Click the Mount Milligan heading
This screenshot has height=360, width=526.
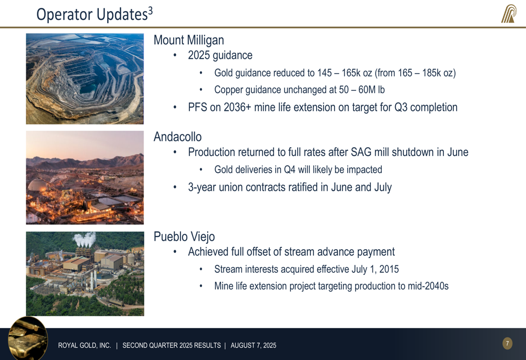click(x=188, y=40)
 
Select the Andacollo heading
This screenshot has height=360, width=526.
click(x=177, y=137)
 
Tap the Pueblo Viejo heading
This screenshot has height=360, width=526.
click(x=184, y=236)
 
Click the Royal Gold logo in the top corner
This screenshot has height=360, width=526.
click(x=509, y=14)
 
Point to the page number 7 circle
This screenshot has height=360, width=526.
click(x=507, y=343)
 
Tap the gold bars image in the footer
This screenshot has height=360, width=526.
click(x=28, y=338)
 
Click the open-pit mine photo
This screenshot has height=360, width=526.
click(x=85, y=79)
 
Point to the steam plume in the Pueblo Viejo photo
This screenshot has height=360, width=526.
click(x=84, y=240)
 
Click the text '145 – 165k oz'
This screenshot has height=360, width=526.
click(x=345, y=73)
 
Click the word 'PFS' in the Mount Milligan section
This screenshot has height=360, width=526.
click(x=197, y=107)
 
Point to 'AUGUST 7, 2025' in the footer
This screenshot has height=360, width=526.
click(x=254, y=345)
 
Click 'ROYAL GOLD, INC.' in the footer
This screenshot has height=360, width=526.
click(x=85, y=345)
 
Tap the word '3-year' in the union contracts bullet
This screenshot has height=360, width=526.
click(x=202, y=188)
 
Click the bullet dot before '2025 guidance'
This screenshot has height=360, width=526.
click(x=175, y=55)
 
